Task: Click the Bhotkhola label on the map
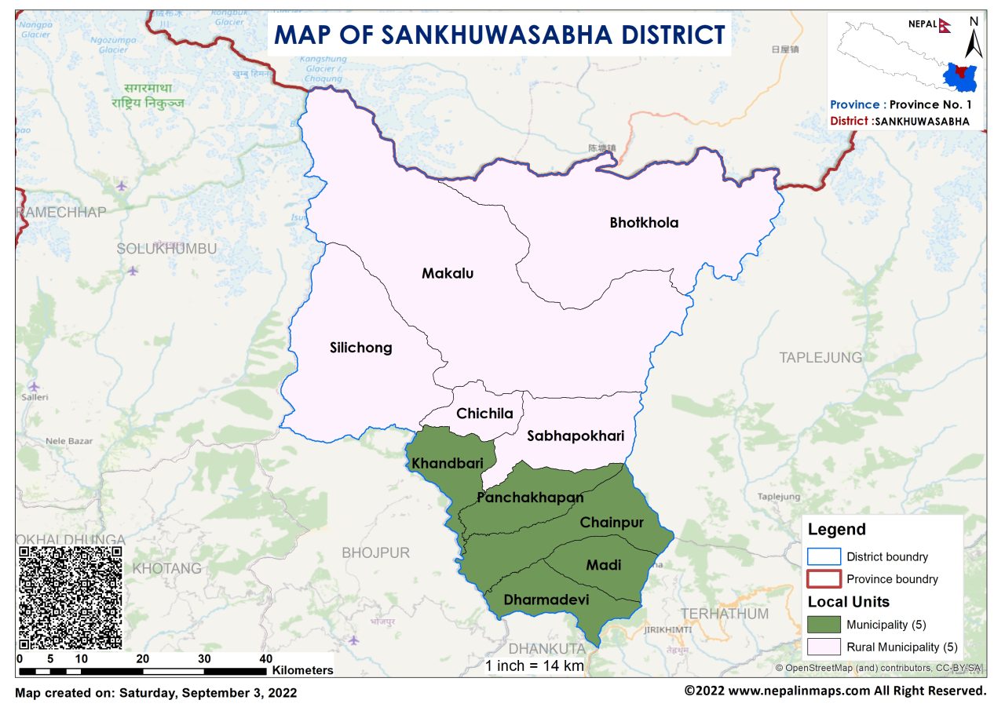644,223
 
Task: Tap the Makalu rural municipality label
448,274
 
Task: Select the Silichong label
361,348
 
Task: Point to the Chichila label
484,414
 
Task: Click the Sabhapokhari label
576,436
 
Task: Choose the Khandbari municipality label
447,464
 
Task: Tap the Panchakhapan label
530,498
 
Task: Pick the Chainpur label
612,523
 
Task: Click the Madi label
603,565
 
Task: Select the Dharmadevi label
546,600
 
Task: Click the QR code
70,597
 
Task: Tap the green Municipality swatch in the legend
824,625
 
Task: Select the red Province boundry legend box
824,579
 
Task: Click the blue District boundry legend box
824,556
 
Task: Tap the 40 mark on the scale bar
265,658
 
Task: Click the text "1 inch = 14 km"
534,665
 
